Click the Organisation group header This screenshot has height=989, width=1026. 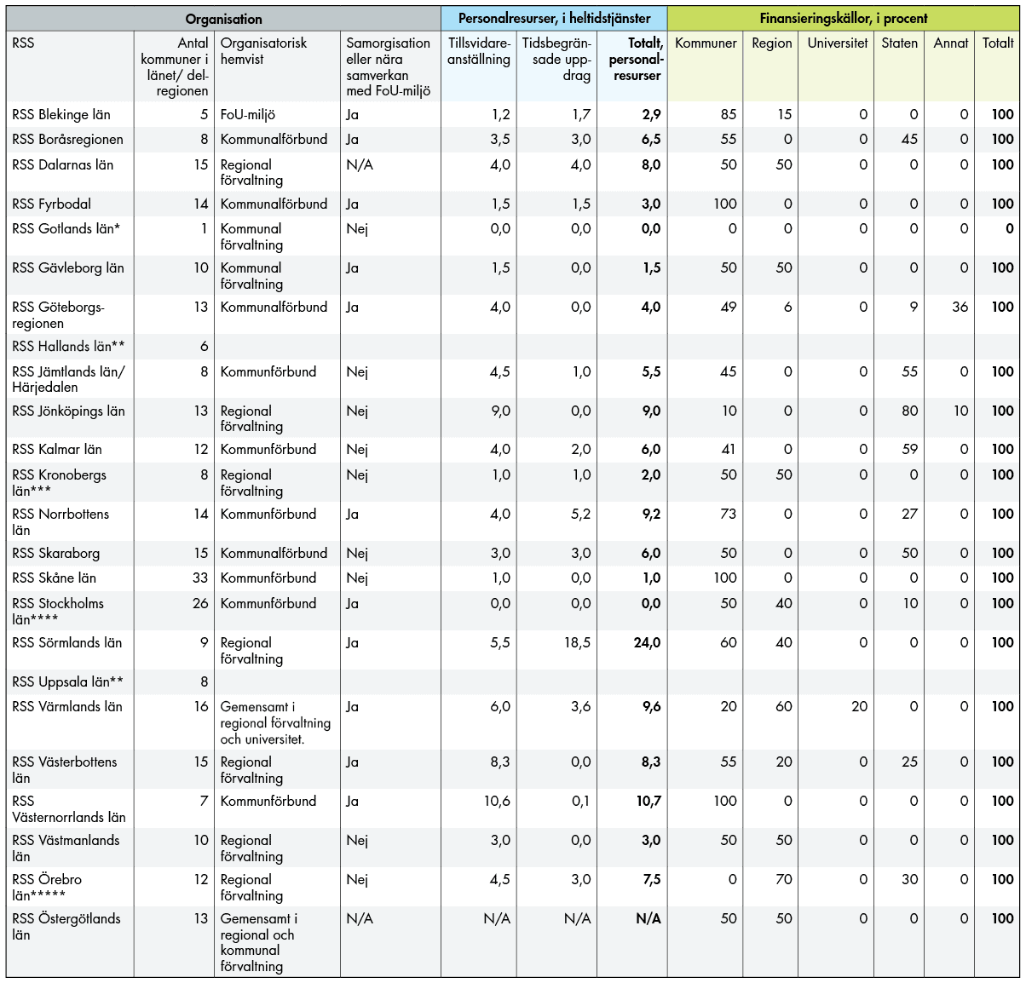click(223, 19)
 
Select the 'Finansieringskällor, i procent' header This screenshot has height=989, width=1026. click(843, 19)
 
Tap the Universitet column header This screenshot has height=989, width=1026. click(837, 43)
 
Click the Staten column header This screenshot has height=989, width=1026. click(899, 43)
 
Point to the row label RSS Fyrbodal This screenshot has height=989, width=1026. click(51, 204)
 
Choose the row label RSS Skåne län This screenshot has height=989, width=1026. click(54, 578)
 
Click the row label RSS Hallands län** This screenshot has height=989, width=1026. click(68, 347)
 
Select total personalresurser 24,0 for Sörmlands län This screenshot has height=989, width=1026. click(647, 643)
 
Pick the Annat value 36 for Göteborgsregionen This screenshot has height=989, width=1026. click(960, 308)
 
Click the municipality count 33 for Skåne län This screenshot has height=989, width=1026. click(200, 578)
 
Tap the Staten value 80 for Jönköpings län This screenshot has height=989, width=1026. click(909, 411)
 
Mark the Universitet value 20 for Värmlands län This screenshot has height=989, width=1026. click(859, 707)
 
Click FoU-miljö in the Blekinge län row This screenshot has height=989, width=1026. click(248, 115)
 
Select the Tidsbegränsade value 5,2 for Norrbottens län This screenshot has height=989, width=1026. click(580, 515)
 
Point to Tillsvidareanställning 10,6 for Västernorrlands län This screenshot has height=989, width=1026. click(497, 802)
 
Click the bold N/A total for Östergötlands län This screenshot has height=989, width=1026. click(648, 919)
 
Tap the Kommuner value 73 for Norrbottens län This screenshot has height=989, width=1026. click(728, 515)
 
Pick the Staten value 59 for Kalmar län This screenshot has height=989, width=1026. click(909, 450)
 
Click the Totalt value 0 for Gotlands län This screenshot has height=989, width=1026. click(1009, 229)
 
